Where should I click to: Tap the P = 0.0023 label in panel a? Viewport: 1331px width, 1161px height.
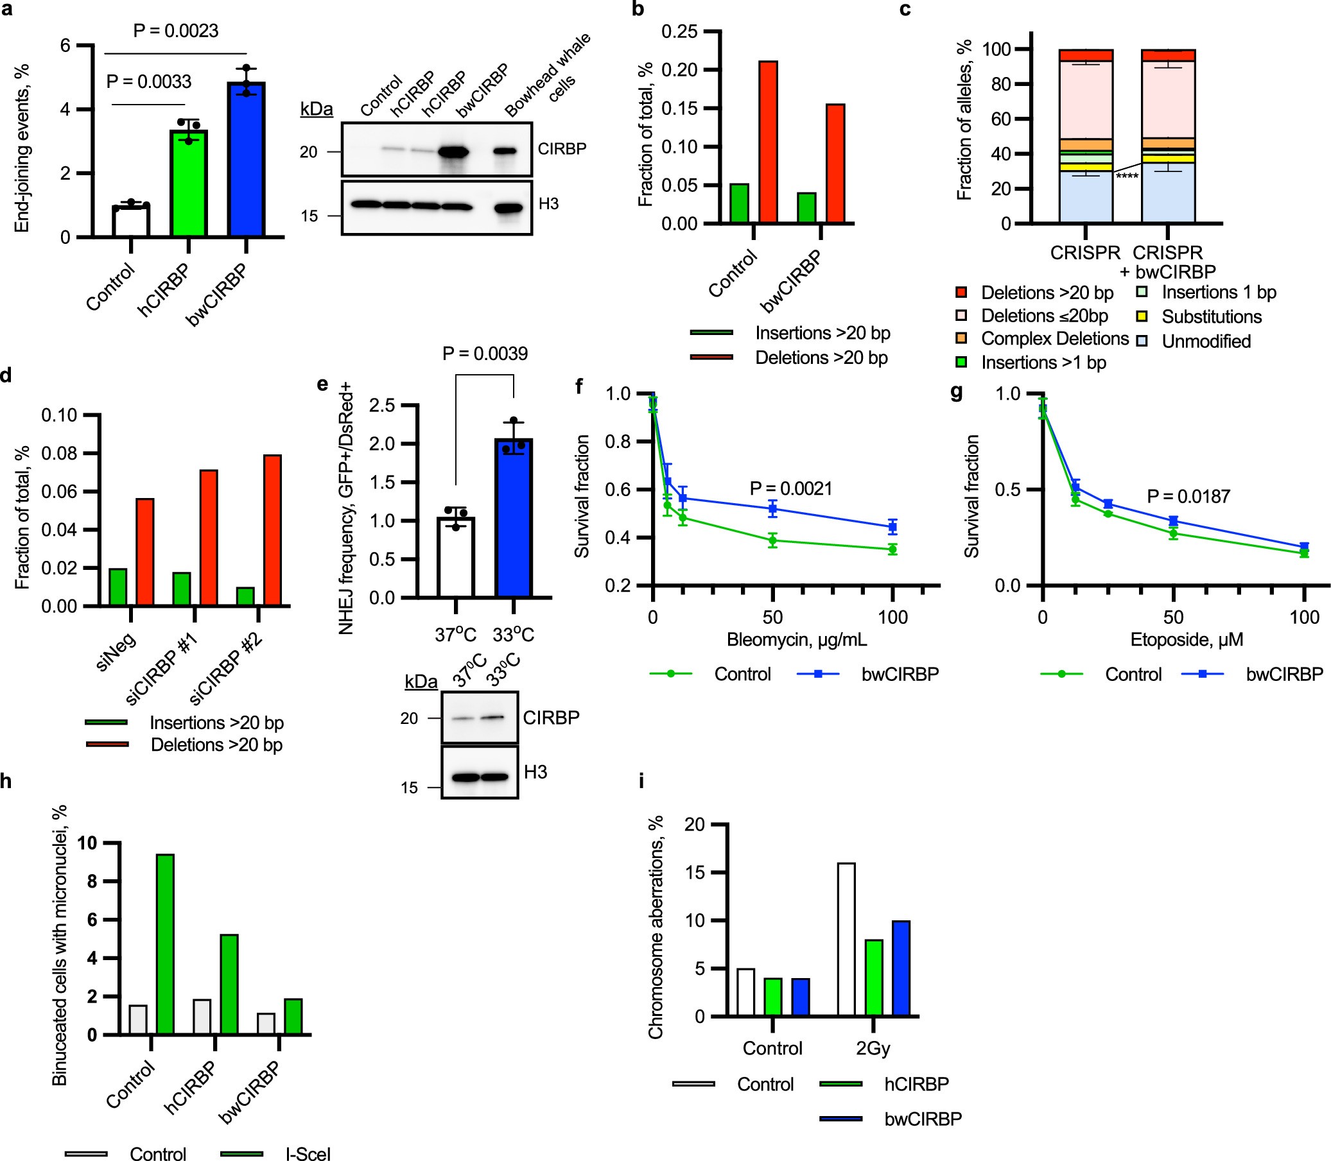click(x=176, y=30)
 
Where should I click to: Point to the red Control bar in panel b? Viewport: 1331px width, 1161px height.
click(x=769, y=142)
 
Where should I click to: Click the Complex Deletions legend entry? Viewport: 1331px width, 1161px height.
click(x=1054, y=338)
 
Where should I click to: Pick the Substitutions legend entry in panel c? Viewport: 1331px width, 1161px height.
click(x=1210, y=317)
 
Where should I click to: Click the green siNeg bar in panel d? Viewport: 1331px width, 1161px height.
click(x=118, y=587)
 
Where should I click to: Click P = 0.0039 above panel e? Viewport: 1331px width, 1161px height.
click(x=485, y=354)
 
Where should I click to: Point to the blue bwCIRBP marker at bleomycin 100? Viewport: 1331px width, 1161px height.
click(x=893, y=527)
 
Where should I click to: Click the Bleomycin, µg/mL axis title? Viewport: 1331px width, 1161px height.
click(x=796, y=640)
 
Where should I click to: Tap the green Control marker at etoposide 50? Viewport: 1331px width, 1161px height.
click(x=1173, y=534)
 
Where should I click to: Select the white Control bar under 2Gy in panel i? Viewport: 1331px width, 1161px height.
click(x=846, y=939)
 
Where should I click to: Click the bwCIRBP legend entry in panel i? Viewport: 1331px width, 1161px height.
click(x=922, y=1119)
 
